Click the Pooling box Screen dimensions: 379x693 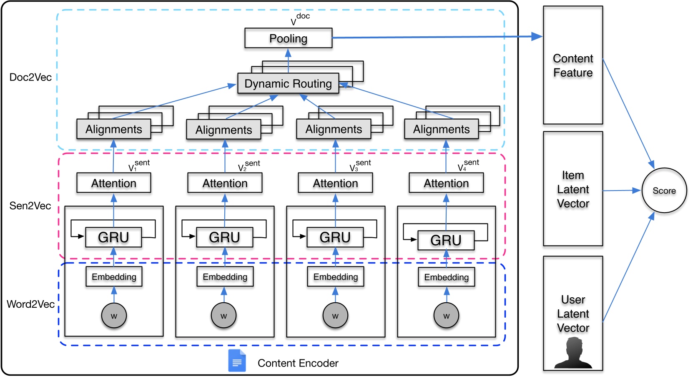click(x=288, y=38)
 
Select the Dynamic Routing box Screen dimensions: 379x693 click(x=288, y=83)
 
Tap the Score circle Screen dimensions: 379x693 click(x=664, y=191)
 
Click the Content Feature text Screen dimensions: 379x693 click(x=572, y=65)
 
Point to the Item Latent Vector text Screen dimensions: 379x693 click(x=572, y=189)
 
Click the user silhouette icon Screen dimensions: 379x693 click(x=573, y=353)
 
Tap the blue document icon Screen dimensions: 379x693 click(x=237, y=361)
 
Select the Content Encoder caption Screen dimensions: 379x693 click(x=298, y=363)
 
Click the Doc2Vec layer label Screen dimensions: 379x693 click(x=30, y=77)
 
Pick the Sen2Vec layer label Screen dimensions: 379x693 click(x=30, y=206)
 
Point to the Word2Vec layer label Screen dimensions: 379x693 click(x=30, y=304)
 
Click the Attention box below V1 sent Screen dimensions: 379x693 click(x=113, y=183)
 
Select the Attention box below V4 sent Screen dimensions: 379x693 click(x=446, y=183)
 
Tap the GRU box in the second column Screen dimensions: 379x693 click(x=224, y=237)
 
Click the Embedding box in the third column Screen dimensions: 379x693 click(x=335, y=277)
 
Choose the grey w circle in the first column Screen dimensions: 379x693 click(x=114, y=316)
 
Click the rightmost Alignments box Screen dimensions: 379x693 click(x=441, y=129)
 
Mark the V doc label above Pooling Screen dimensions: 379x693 click(x=300, y=19)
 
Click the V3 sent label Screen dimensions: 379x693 click(x=360, y=166)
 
